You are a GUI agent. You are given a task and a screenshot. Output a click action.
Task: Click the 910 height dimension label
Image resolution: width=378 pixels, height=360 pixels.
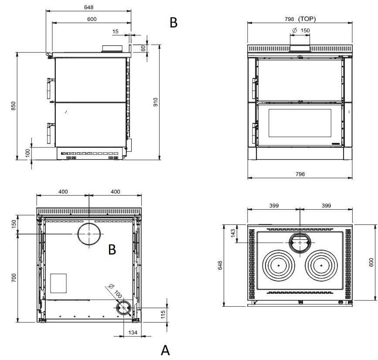(156, 102)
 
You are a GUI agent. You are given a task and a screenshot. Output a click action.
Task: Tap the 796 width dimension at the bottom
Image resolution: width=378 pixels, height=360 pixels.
(300, 174)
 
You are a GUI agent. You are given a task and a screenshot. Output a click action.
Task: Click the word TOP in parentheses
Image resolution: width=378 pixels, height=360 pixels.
(307, 19)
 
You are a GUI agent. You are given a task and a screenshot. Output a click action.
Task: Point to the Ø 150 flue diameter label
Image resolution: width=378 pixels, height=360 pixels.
(301, 31)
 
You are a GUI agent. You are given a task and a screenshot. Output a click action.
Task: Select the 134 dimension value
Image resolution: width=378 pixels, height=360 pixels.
(133, 333)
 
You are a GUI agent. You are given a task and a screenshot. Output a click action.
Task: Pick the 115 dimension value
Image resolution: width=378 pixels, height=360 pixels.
(163, 315)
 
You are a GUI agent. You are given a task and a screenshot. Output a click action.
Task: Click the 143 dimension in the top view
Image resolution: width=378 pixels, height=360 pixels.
(233, 233)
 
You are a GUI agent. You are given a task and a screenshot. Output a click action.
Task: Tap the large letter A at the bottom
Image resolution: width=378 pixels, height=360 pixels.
(165, 350)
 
